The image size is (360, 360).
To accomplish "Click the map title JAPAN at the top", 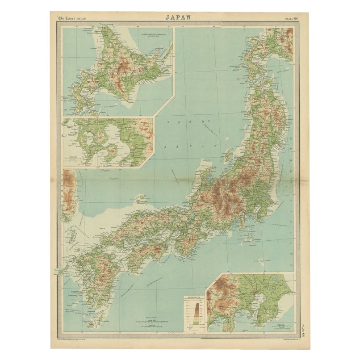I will pyautogui.click(x=179, y=17).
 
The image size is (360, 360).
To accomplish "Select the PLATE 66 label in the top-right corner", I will pyautogui.click(x=293, y=18).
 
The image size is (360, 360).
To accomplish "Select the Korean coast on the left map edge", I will pyautogui.click(x=68, y=192).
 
